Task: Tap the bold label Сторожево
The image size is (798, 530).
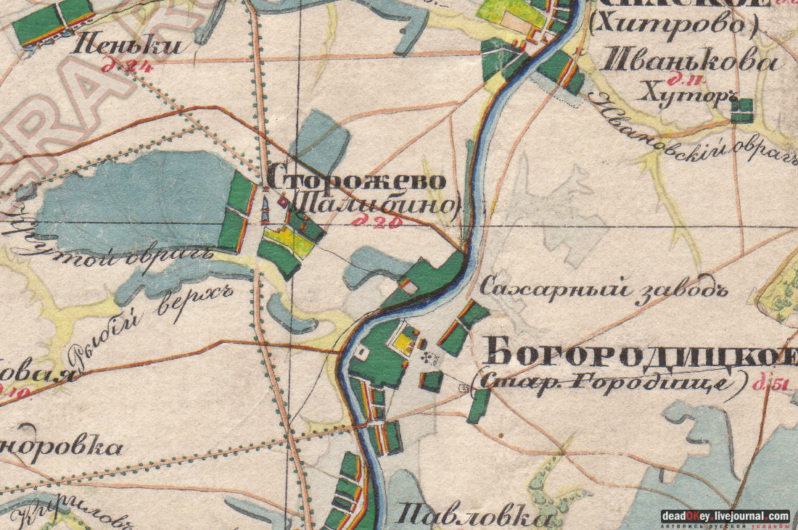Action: (x=356, y=178)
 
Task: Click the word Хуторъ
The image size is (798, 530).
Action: (x=681, y=92)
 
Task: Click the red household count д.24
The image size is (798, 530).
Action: (x=120, y=68)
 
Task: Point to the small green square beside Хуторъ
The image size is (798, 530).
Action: (x=741, y=111)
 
